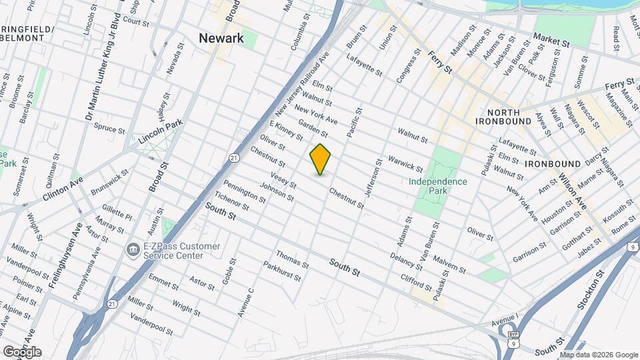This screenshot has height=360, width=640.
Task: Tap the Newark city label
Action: coord(221,39)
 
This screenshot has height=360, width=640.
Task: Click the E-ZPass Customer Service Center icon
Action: coord(133,249)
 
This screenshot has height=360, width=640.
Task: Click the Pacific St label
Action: coord(354,123)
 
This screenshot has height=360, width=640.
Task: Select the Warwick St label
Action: coord(405,163)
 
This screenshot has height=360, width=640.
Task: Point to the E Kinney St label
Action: coord(287,131)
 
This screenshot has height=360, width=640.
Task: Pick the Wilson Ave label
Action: coord(571,190)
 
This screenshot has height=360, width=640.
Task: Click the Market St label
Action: coord(554,40)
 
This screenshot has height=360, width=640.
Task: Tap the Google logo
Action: coord(21,351)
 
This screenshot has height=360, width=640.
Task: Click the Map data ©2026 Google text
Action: coord(599,355)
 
